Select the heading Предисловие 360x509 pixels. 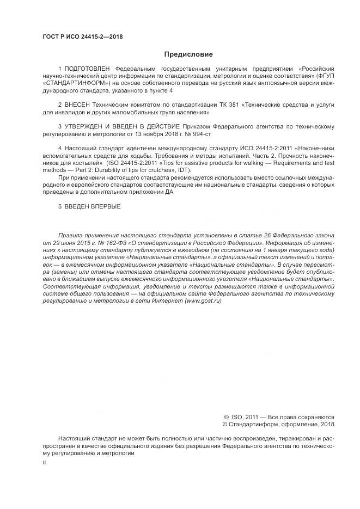[188, 54]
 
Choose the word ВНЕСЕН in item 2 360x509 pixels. [80, 104]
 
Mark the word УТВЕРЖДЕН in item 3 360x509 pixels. [87, 125]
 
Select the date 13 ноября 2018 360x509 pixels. [164, 132]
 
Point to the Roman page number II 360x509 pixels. [44, 462]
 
